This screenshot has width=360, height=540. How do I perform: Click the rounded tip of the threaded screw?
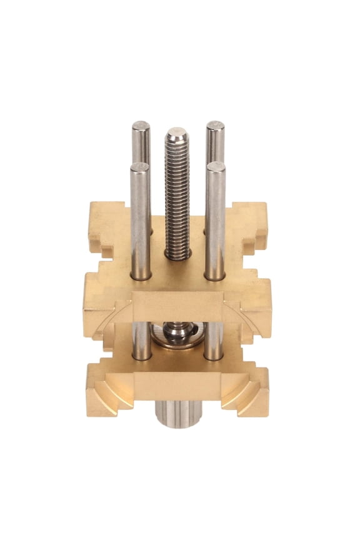coord(177,133)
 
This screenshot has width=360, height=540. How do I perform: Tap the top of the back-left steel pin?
coord(141,125)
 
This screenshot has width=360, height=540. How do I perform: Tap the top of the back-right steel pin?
coord(216,125)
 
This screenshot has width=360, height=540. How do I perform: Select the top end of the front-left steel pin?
coord(139,167)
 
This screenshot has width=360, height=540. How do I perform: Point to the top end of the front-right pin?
coord(216,166)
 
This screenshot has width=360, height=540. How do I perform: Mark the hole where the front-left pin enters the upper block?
coord(140,276)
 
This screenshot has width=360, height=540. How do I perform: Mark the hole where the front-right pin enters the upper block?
coord(216,276)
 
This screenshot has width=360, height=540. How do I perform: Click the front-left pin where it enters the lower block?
coord(141,357)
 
